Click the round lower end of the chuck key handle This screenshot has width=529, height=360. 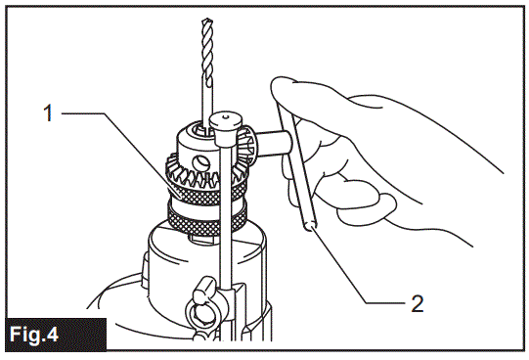click(310, 227)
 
